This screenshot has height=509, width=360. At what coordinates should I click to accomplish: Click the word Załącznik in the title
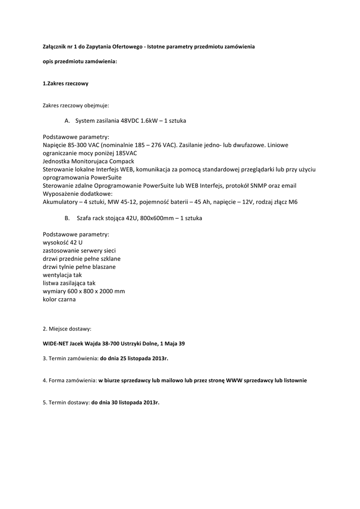54,46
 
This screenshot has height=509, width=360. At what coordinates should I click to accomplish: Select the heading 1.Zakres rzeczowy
65,84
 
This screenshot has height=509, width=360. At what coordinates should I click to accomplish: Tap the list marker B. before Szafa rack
68,218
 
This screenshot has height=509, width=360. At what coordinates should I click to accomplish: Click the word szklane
110,259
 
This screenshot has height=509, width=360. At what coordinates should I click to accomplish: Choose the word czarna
66,299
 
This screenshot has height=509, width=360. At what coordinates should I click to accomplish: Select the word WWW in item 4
235,380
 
